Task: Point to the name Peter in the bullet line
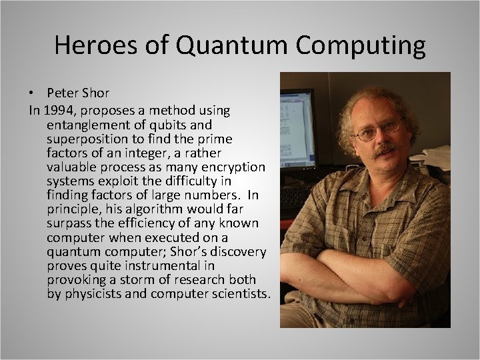pos(63,92)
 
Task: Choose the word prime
pos(214,139)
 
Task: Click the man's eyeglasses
pos(378,129)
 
